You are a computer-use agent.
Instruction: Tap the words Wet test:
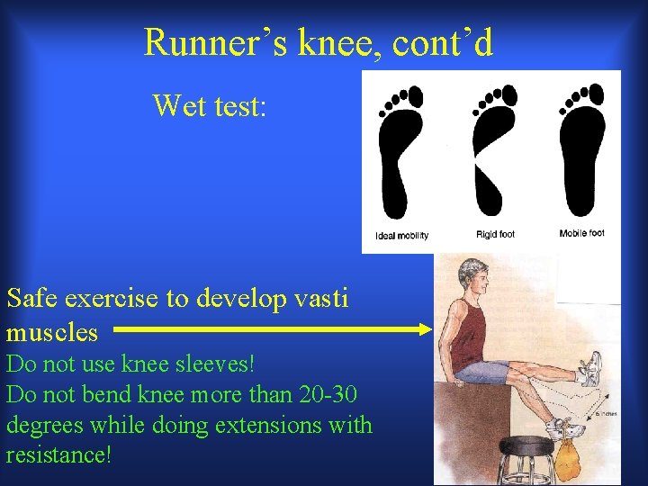[x=209, y=105]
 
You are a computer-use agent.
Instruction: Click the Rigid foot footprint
[x=492, y=148]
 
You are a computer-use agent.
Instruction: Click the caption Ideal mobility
[x=401, y=236]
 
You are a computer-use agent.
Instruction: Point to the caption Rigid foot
[x=495, y=235]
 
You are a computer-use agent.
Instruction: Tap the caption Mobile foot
[x=581, y=234]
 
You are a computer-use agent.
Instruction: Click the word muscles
[x=52, y=332]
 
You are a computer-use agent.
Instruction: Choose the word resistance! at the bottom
[x=58, y=454]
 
